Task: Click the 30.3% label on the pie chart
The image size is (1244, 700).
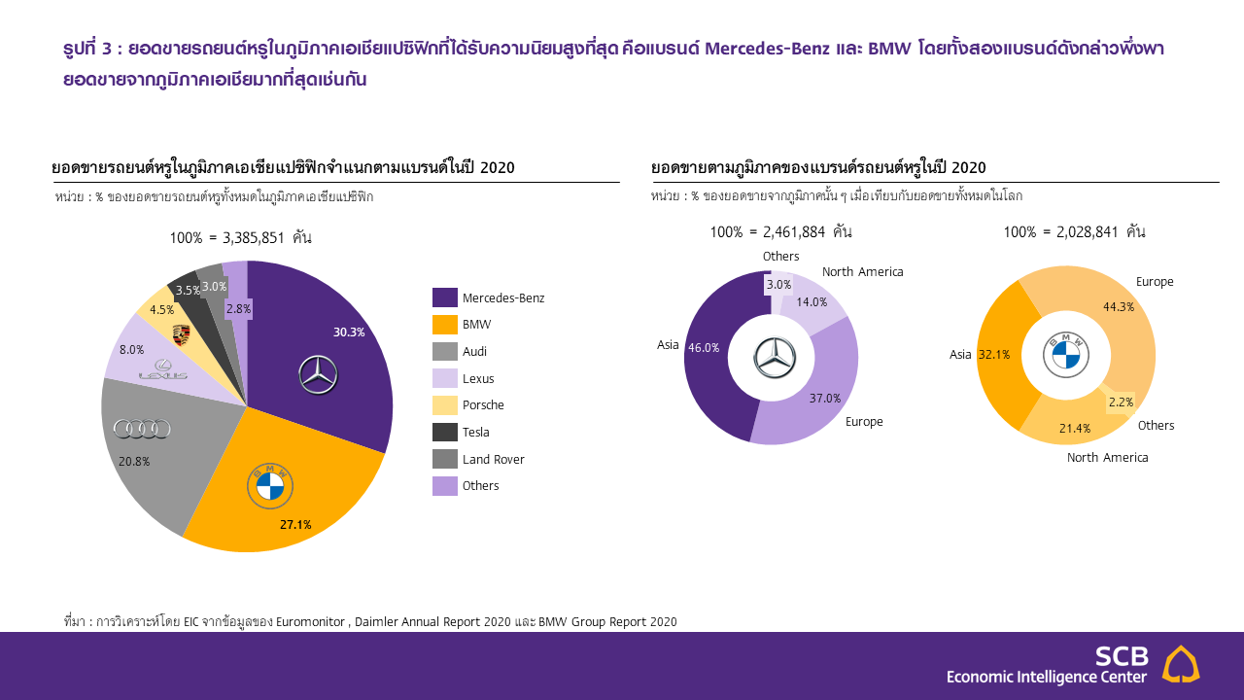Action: click(x=349, y=332)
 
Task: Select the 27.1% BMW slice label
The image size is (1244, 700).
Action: click(x=295, y=525)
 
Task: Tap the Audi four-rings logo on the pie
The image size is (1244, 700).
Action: click(x=142, y=429)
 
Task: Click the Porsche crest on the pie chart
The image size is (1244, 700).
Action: click(x=180, y=335)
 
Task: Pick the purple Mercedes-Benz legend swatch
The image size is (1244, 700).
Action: click(x=444, y=297)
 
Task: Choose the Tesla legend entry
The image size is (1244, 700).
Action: click(x=475, y=433)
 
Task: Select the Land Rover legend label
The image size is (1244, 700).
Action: click(x=493, y=459)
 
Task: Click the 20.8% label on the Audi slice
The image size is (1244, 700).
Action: click(x=134, y=461)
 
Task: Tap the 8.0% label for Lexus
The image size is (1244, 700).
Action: click(x=131, y=349)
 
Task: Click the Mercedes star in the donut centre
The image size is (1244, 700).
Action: click(x=775, y=358)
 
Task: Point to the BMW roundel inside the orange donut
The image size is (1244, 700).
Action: click(x=1066, y=354)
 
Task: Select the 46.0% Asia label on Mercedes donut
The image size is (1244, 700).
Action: click(x=704, y=347)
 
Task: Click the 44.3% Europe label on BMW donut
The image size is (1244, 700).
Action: click(x=1118, y=306)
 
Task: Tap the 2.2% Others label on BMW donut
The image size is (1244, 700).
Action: click(x=1121, y=402)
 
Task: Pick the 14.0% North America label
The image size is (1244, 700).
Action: click(x=812, y=301)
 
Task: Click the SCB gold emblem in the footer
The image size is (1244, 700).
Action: click(x=1181, y=664)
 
